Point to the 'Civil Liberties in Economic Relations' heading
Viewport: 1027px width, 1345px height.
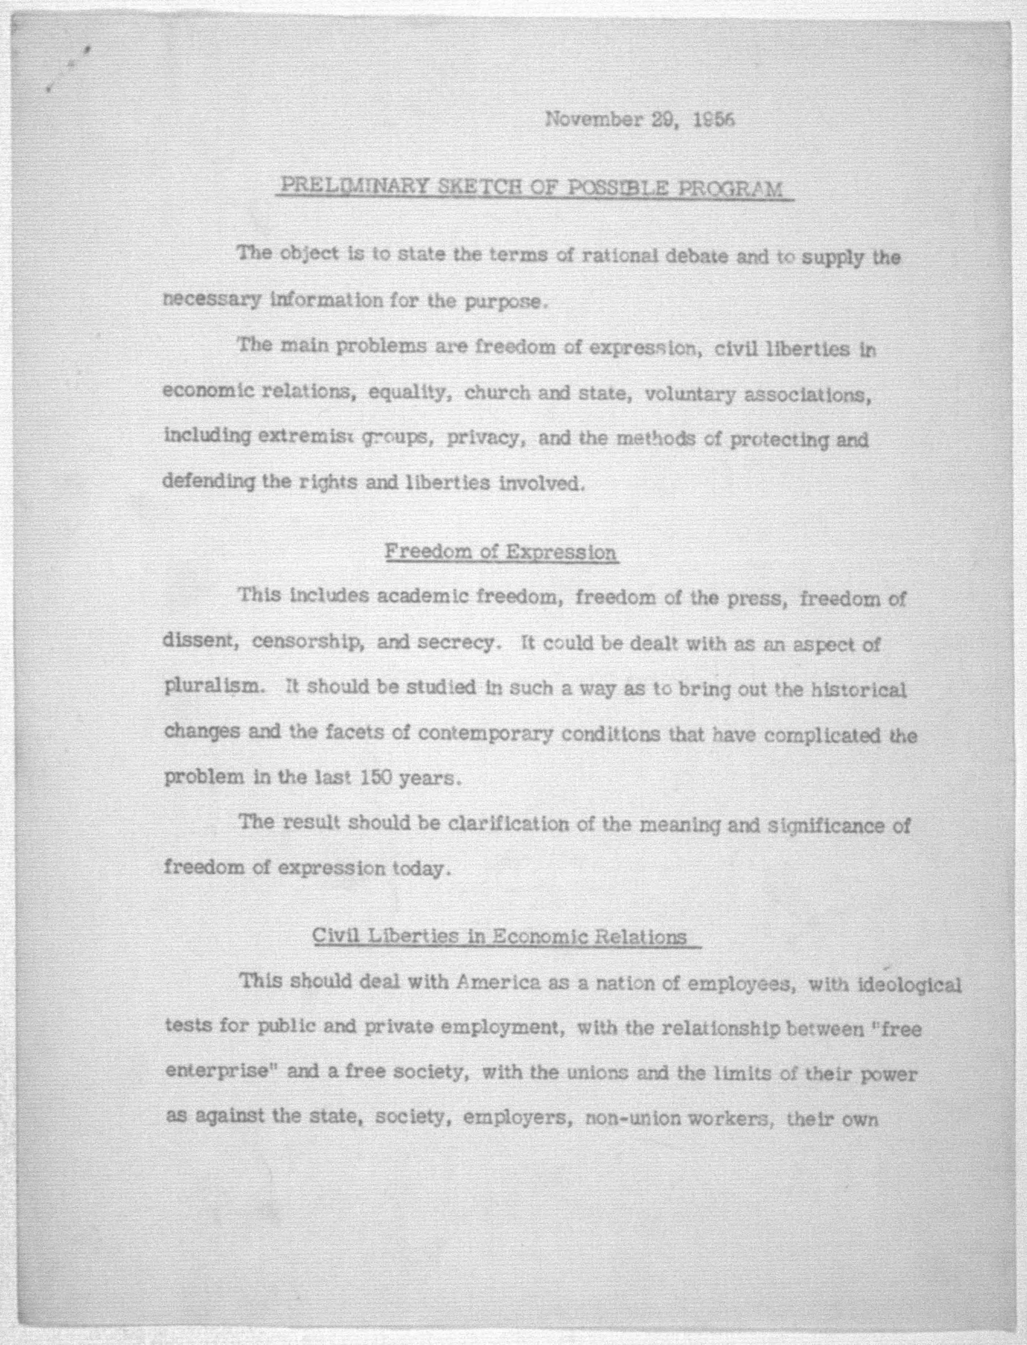[x=500, y=936]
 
